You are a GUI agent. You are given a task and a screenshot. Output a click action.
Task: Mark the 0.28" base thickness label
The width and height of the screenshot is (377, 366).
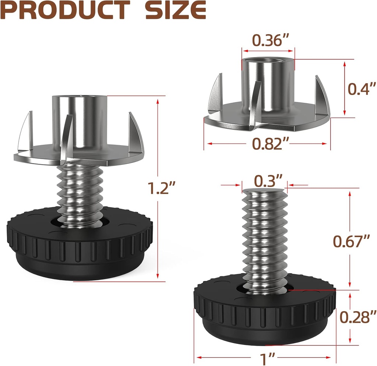(x=357, y=317)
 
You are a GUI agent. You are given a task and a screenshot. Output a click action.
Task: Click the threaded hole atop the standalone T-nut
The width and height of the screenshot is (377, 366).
(x=268, y=60)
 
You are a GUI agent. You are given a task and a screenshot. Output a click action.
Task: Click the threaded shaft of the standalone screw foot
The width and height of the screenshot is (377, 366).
(x=264, y=236)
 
